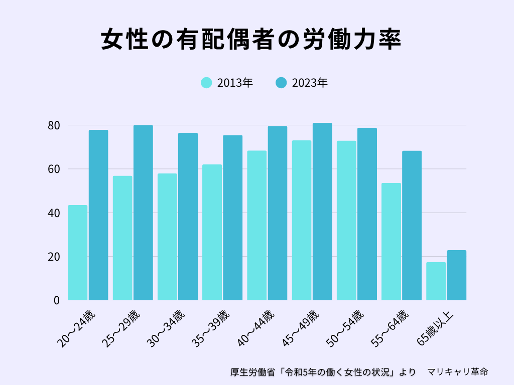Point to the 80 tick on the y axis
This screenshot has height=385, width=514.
coord(54,125)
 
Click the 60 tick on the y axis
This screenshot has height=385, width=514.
coord(54,169)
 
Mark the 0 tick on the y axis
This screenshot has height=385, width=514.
coord(57,300)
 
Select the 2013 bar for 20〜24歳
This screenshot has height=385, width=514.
coord(78,253)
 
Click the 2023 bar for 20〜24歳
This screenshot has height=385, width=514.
coord(98,215)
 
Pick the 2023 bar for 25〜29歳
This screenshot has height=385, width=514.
coord(143,213)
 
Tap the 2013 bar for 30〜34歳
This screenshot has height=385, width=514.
coord(167,237)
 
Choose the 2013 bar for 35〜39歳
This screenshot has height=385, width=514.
coord(212,232)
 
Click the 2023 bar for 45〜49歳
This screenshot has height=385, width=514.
coord(322,212)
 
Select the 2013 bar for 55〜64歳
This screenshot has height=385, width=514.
coord(391,242)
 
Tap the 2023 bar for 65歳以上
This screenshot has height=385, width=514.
coord(457,275)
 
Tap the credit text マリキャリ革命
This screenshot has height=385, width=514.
coord(457,372)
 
